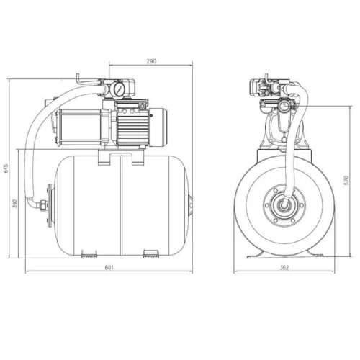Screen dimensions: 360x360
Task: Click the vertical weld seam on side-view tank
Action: (118, 204)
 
